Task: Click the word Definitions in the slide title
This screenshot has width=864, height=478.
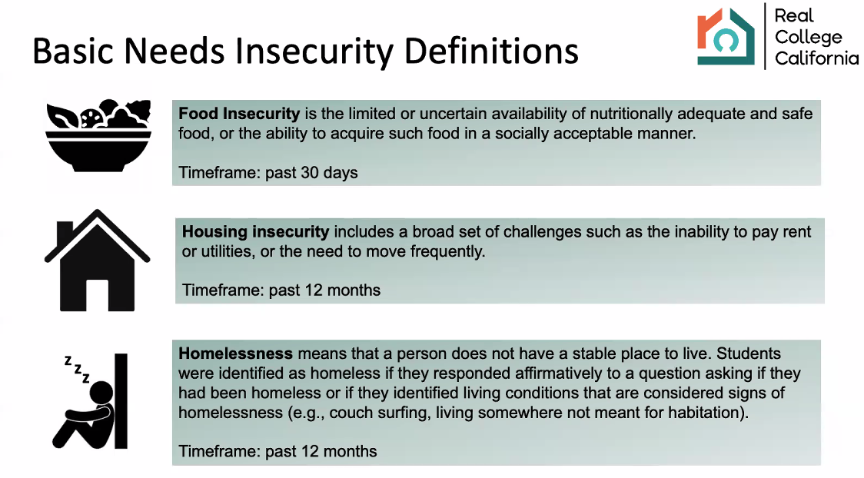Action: click(x=491, y=51)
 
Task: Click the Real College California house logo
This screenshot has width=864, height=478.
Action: click(x=726, y=36)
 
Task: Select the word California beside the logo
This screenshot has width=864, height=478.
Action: click(x=816, y=58)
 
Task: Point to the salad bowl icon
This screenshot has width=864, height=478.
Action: click(x=98, y=135)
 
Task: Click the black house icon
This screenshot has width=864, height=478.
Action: click(x=97, y=260)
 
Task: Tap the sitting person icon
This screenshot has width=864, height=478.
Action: click(x=91, y=401)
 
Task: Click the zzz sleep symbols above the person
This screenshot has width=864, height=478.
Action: click(x=77, y=369)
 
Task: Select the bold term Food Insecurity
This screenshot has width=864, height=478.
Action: click(x=239, y=114)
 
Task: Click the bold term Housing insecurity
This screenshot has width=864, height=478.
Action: click(x=256, y=231)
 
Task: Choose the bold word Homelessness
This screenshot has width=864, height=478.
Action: click(x=235, y=353)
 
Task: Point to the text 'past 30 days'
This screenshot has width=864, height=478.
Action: click(x=311, y=172)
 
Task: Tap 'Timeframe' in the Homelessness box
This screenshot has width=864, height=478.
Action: click(x=219, y=451)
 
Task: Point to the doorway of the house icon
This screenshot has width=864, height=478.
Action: click(x=97, y=295)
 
